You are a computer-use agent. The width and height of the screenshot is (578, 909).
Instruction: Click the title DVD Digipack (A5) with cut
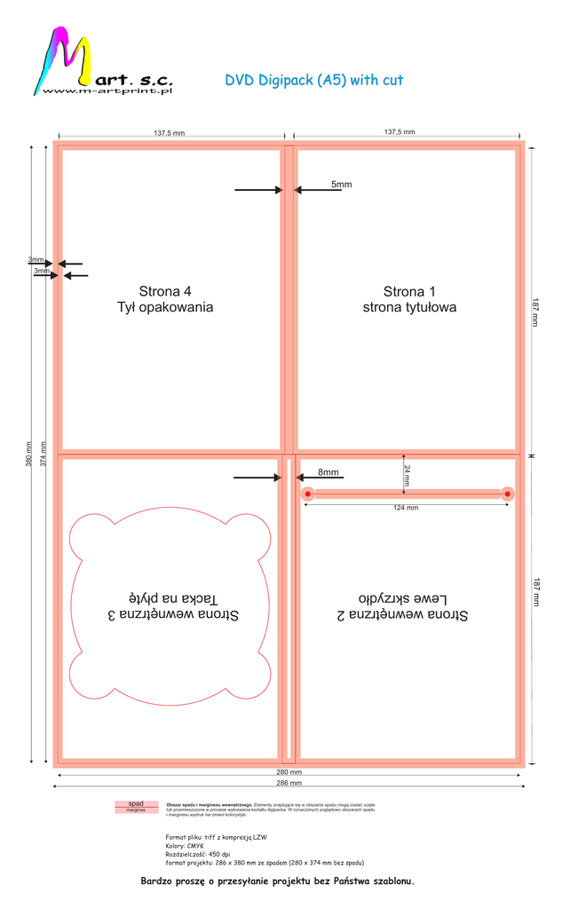coord(314,80)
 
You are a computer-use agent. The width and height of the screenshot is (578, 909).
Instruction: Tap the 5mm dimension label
coord(341,185)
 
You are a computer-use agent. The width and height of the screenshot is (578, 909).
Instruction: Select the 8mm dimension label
coord(328,472)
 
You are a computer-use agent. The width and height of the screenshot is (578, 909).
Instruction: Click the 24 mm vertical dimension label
coord(407,473)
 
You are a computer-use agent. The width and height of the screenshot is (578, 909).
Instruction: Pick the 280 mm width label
coord(289,772)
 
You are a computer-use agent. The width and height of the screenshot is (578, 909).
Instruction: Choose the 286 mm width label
coord(289,784)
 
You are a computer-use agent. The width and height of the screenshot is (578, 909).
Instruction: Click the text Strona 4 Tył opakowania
coord(165,299)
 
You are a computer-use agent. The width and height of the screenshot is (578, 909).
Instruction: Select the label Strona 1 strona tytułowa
coord(409,299)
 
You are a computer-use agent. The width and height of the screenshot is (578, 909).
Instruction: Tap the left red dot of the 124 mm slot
coord(307,494)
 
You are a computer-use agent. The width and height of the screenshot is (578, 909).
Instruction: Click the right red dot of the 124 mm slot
coord(507,494)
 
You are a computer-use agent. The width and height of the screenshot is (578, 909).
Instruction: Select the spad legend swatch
coord(136,803)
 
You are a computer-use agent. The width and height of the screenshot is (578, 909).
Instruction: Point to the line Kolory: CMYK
coord(185,846)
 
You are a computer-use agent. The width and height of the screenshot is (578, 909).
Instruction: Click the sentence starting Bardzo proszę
coord(278,881)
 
